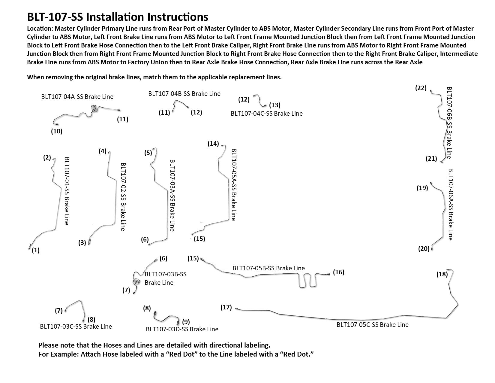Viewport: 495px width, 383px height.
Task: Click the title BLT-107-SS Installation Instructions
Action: coord(118,17)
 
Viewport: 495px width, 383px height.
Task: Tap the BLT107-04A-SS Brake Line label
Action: coord(77,97)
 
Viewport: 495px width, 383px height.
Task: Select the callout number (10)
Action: coord(56,131)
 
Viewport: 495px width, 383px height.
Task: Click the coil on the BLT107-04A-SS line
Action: coord(94,108)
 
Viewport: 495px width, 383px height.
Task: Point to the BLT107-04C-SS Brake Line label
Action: coord(267,114)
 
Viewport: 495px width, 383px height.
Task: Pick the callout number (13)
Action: coord(274,105)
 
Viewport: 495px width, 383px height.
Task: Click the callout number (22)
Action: coord(421,88)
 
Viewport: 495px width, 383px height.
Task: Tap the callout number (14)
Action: coord(213,144)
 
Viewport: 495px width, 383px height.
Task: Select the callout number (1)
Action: coord(36,250)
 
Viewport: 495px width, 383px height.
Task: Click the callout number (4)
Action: coord(103,151)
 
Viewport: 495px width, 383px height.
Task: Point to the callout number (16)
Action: coord(339,272)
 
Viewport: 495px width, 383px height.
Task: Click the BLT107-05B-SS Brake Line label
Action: coord(268,268)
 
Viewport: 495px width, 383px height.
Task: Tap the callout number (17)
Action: coord(226,307)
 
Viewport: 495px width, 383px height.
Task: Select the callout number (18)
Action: coord(442,274)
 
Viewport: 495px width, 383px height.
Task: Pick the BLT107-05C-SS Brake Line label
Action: coord(372,325)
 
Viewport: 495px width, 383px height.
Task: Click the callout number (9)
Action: coord(186,322)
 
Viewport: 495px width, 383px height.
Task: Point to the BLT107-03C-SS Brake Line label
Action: coord(76,327)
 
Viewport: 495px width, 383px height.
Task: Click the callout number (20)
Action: coord(424,249)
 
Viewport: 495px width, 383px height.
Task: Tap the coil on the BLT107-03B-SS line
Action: coord(136,282)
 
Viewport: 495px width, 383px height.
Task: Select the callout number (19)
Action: coord(422,188)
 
